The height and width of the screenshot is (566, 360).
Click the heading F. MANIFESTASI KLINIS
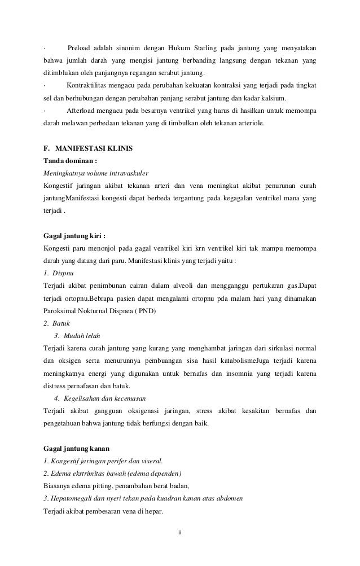click(87, 149)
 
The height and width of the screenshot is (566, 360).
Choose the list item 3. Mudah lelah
click(76, 336)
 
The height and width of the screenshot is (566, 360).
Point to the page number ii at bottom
click(179, 532)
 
